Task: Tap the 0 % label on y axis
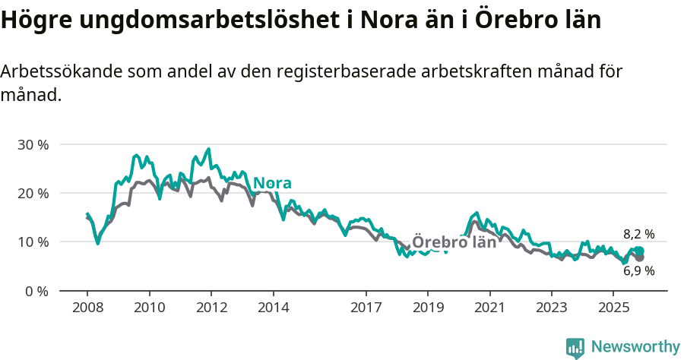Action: tap(36, 291)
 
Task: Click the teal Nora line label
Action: tap(272, 183)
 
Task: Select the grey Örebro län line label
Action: tap(454, 242)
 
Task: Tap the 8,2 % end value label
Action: tap(638, 235)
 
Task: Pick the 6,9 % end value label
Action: tap(638, 270)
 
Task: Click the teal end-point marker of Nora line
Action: tap(639, 251)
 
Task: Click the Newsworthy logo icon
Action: tap(575, 348)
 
